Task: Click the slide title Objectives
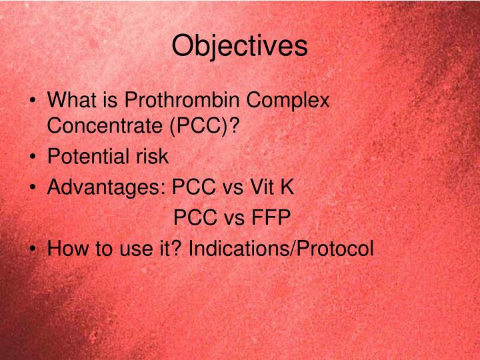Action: [240, 46]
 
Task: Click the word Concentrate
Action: [99, 125]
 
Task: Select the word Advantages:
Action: [107, 187]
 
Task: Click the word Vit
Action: [263, 187]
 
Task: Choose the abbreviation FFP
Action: [269, 218]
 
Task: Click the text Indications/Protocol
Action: [281, 249]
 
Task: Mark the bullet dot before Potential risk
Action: [33, 158]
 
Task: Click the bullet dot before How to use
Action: [33, 250]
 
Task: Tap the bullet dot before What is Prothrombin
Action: [33, 102]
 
